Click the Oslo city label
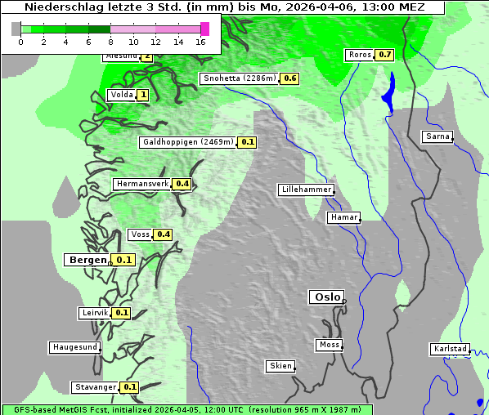(326, 297)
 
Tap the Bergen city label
(87, 260)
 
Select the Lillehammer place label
(306, 190)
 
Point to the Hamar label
(343, 217)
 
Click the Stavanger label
(94, 386)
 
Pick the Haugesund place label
(74, 347)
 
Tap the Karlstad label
(449, 349)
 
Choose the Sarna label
(437, 136)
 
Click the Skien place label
(280, 366)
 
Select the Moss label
(329, 345)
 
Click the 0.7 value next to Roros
(384, 55)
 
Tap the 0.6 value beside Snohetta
(290, 78)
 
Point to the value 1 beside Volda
(143, 95)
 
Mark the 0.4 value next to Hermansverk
(182, 184)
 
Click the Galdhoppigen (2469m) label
(188, 142)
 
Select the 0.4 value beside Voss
(164, 234)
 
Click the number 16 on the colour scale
(201, 41)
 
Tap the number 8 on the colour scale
(110, 41)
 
